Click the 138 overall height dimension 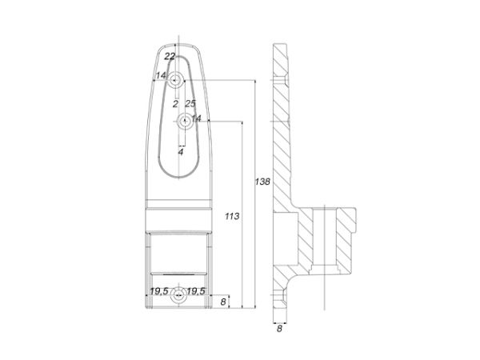262,182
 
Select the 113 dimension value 232,217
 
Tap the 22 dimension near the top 170,56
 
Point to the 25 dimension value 190,104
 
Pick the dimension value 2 175,104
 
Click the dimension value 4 181,151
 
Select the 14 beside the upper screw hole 161,75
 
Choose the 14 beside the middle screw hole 196,118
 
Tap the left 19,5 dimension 159,291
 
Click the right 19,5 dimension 196,291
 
